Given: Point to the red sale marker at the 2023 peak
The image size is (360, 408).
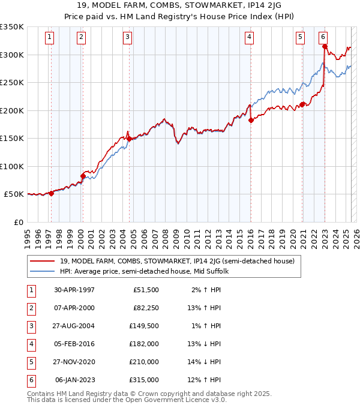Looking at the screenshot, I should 325,46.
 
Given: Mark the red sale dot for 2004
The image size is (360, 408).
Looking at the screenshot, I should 129,139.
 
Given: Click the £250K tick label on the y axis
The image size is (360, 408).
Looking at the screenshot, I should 12,83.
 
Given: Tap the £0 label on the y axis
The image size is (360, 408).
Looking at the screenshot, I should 19,222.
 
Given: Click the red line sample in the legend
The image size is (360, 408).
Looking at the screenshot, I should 43,262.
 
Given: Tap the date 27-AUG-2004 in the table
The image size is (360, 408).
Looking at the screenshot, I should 74,326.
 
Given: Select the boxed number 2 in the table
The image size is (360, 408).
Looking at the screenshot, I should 31,308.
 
